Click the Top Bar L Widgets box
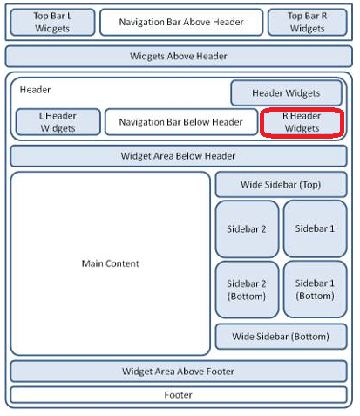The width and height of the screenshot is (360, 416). coord(52,23)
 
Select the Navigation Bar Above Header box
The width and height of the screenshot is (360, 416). coord(181,23)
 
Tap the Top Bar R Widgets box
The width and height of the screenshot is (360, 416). coord(308,23)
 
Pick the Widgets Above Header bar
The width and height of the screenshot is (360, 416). coord(179,56)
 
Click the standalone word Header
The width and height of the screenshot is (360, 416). coord(35,90)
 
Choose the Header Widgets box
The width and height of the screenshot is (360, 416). coord(286,93)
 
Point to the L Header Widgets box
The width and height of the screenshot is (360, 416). coord(58,122)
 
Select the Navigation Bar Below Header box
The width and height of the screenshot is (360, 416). coord(181,122)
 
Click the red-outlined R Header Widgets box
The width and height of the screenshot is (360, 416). coord(302,122)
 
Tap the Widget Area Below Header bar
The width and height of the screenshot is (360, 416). coord(179,156)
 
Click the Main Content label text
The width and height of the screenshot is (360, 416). coord(111,263)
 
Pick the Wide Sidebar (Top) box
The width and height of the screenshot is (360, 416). coord(281,185)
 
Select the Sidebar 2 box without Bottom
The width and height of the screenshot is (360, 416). coord(247,229)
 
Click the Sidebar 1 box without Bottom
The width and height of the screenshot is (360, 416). coord(316,228)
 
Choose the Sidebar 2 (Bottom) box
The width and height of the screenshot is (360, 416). coord(247,290)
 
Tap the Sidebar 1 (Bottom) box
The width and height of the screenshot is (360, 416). coord(316,290)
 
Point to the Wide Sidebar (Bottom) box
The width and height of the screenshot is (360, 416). coord(281,337)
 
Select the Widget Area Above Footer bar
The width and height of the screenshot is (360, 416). coord(179,372)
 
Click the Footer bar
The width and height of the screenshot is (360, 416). coord(179,395)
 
